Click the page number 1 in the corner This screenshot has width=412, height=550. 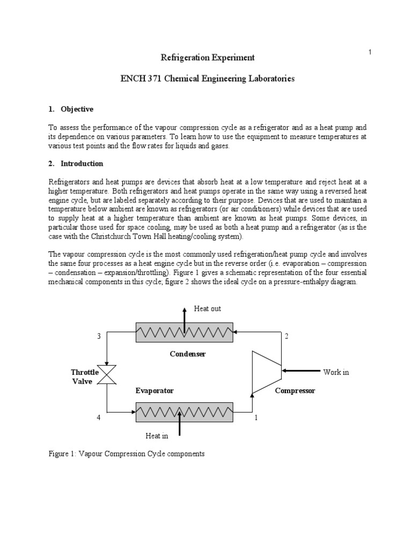pos(370,52)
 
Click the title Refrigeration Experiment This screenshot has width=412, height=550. pos(208,57)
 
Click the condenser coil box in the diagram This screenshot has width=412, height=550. pos(184,332)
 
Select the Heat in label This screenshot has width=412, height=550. pos(157,436)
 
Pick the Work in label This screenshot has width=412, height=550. pos(336,372)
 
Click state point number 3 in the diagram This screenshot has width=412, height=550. pos(99,336)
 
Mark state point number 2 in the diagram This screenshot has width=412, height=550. pos(286,336)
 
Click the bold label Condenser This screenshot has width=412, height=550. pos(188,353)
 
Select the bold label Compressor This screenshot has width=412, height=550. pos(295,390)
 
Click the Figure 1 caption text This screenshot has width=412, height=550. pos(127,454)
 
